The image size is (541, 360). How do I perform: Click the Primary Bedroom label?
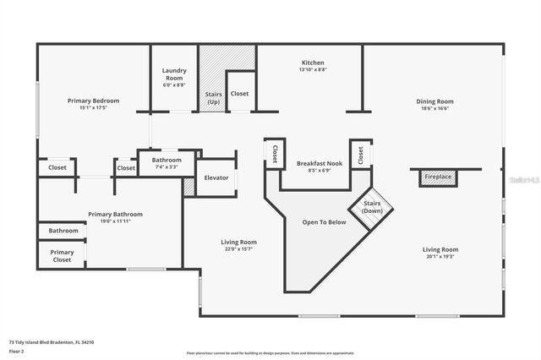(93, 101)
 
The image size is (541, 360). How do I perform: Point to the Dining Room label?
(435, 101)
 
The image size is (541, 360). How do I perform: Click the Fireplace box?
(438, 177)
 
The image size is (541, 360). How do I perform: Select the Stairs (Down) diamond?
(372, 207)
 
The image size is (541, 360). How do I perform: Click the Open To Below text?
(325, 222)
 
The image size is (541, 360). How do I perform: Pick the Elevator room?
(216, 177)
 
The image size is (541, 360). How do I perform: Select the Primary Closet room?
(62, 256)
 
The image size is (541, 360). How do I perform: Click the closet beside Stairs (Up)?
(240, 94)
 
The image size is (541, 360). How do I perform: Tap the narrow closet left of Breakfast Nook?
(275, 153)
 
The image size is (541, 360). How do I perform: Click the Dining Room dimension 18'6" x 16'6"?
(435, 108)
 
